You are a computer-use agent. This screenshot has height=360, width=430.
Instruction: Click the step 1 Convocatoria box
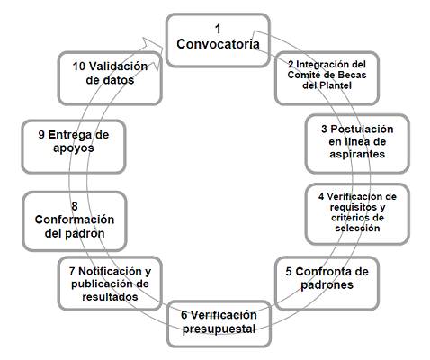[218, 40]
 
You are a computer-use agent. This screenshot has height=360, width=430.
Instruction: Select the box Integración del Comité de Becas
[327, 78]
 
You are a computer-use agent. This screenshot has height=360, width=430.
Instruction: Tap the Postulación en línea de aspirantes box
[357, 144]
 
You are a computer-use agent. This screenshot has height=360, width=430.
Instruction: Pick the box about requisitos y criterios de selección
[357, 214]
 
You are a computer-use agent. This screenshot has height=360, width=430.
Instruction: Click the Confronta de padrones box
[327, 283]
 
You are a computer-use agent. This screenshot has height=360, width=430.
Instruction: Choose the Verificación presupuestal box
[219, 324]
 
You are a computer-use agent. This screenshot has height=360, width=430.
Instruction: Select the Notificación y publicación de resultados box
[110, 283]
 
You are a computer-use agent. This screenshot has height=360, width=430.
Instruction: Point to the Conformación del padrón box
[75, 221]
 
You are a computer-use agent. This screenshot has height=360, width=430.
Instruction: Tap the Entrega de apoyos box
[74, 147]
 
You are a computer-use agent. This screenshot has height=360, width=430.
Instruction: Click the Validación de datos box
[110, 78]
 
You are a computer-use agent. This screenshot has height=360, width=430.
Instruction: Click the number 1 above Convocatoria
[218, 29]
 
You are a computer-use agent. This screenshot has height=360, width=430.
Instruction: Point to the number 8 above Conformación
[75, 206]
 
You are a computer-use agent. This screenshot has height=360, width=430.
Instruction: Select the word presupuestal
[219, 329]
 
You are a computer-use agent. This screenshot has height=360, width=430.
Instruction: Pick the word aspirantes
[357, 154]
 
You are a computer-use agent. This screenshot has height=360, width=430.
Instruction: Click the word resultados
[110, 297]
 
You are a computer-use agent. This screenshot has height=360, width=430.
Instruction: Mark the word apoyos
[74, 148]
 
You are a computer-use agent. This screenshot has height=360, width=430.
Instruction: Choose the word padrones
[327, 284]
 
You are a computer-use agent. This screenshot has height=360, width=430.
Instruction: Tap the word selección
[357, 229]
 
